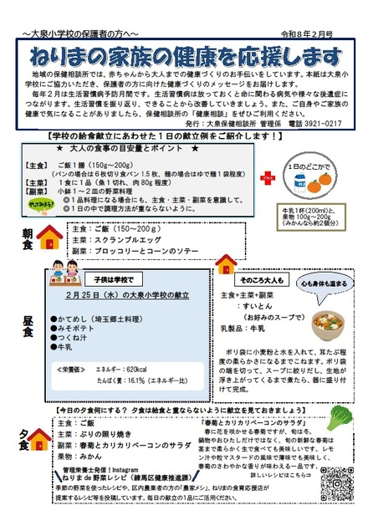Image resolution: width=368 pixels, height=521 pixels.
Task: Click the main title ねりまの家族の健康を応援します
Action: point(184,56)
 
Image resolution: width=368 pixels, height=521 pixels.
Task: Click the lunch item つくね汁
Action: point(72,334)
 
